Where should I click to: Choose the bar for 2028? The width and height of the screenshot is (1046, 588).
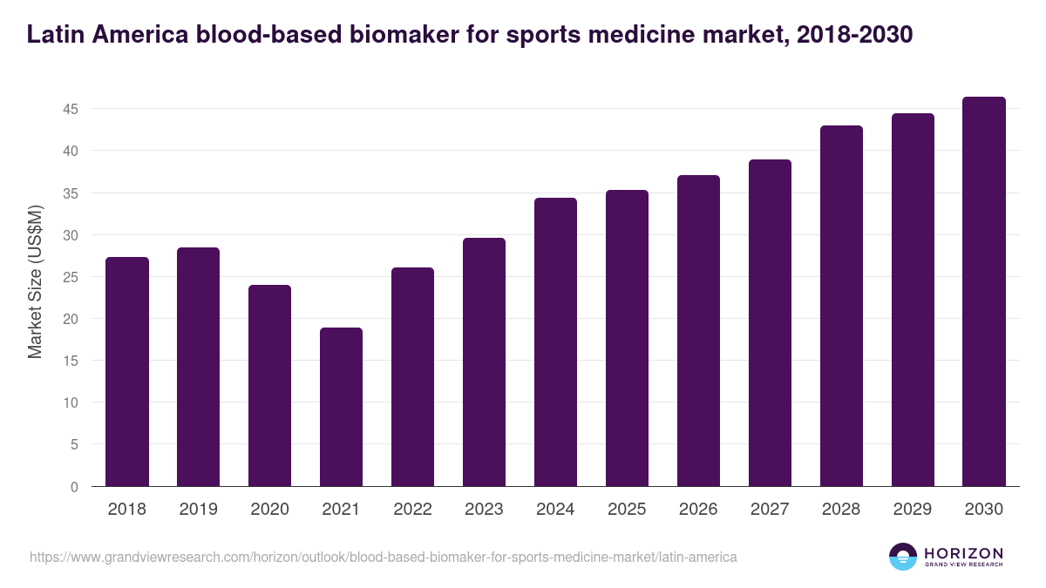pos(841,306)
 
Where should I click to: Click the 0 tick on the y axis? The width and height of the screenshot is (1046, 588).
pos(74,487)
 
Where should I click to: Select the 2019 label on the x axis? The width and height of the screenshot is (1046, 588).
pos(199,510)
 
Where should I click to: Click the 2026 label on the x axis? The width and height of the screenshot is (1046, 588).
pos(698,510)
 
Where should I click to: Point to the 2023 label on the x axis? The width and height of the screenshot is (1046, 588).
pos(484,510)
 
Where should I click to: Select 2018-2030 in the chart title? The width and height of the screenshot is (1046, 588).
pos(855,35)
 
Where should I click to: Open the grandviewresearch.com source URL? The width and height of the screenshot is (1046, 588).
pos(384,557)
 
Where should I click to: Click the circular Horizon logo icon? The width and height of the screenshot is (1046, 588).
pos(903,557)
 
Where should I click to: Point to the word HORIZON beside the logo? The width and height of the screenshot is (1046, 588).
pos(963,553)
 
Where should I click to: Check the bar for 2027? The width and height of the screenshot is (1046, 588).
pos(770,323)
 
